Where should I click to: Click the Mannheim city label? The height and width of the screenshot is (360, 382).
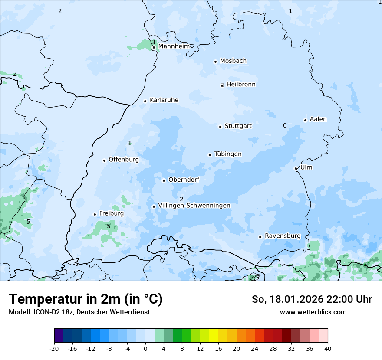click(x=174, y=46)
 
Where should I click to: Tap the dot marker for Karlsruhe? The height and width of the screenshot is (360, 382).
click(x=145, y=101)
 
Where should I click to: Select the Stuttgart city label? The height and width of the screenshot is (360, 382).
click(x=238, y=126)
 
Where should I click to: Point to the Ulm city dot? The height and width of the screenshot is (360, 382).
click(x=296, y=168)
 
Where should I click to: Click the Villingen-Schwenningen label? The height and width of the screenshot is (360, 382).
click(x=194, y=206)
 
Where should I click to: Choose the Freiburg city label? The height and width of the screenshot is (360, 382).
click(x=111, y=213)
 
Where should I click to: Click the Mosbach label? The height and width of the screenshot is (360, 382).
click(x=233, y=61)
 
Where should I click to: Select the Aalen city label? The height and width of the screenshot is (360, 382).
click(x=318, y=119)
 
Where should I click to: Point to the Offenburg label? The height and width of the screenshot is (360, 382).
click(x=124, y=160)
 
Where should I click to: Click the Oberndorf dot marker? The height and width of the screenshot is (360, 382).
click(x=164, y=180)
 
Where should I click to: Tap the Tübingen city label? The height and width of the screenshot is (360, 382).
click(x=228, y=154)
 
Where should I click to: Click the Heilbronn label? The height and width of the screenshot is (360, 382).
click(x=241, y=85)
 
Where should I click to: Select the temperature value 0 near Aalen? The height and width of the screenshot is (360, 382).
click(x=285, y=125)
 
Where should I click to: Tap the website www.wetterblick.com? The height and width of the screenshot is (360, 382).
click(x=313, y=312)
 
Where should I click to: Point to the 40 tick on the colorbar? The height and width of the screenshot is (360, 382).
click(x=328, y=348)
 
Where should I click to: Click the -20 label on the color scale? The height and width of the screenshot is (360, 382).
click(x=54, y=348)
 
